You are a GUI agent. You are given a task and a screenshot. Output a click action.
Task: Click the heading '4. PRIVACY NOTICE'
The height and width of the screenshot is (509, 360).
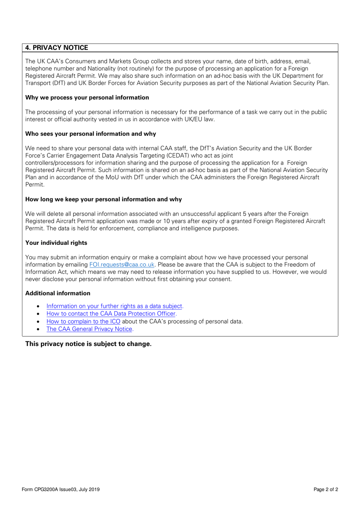pos(56,48)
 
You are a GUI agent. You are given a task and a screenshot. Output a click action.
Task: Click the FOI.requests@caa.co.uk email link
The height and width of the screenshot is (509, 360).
pos(122,265)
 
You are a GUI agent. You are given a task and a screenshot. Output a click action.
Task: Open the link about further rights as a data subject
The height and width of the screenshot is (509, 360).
pos(114,306)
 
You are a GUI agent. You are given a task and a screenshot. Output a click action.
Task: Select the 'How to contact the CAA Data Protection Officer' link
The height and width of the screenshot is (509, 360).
pos(111,314)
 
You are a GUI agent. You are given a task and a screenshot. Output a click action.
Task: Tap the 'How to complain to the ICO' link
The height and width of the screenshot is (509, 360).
pos(83,321)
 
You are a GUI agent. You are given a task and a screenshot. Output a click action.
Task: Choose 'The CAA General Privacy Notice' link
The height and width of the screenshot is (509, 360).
pos(89,329)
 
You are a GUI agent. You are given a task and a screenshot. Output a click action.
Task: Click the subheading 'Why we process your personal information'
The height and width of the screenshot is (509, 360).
pos(87,97)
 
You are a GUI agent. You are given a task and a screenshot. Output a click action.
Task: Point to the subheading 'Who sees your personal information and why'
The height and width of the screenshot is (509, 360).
pos(91,134)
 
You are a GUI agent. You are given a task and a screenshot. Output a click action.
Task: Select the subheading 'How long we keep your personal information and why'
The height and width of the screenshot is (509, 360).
pos(103,199)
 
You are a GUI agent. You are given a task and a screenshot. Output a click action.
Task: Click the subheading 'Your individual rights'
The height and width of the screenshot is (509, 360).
pos(56,243)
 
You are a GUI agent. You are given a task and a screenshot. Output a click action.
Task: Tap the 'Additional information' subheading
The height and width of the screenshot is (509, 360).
pos(58,293)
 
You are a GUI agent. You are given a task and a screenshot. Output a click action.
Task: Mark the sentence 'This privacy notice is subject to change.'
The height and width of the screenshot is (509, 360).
pos(88,344)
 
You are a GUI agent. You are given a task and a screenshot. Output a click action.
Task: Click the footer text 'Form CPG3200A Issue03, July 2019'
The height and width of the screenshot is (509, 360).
pos(61,489)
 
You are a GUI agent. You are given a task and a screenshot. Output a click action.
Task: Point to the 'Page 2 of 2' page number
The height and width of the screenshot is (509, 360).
pos(326,489)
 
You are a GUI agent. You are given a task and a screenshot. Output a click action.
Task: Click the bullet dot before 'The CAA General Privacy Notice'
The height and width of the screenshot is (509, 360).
pos(38,329)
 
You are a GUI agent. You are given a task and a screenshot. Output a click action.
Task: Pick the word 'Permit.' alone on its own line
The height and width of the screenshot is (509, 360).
pos(35,185)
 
